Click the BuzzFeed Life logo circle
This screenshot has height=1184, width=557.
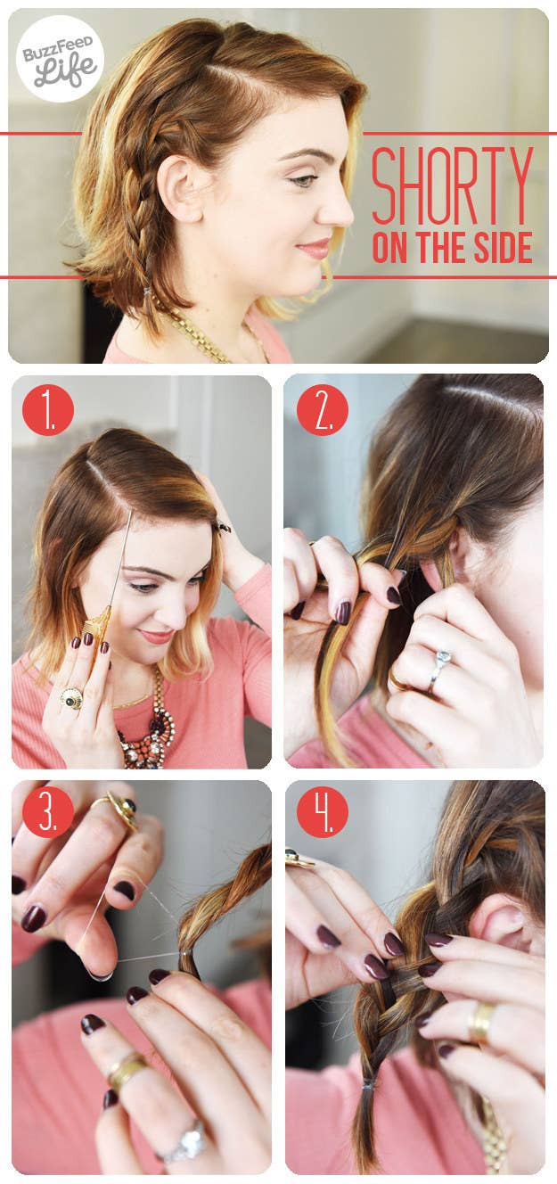60,58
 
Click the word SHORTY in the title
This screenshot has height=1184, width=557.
452,185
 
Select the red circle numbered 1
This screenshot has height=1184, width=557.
47,409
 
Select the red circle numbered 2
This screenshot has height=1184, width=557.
323,409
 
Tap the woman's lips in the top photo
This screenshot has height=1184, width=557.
315,248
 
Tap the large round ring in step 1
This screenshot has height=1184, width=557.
71,699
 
